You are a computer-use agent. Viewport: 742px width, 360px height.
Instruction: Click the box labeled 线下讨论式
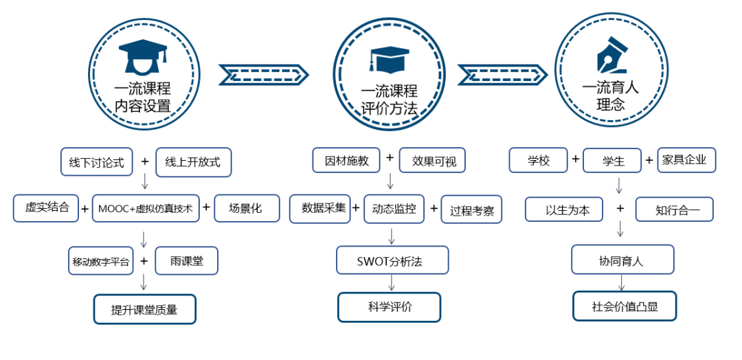click(x=96, y=162)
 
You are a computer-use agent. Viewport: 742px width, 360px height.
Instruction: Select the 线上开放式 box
click(x=193, y=162)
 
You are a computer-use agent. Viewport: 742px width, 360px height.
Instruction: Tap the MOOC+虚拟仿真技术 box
click(x=145, y=208)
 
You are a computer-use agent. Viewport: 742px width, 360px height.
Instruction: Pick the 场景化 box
click(x=247, y=208)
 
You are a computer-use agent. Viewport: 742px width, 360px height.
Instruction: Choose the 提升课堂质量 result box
click(x=144, y=309)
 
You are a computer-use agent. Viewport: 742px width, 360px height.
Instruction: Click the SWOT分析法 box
click(x=392, y=260)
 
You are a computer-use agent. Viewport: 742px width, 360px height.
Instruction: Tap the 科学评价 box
click(x=390, y=306)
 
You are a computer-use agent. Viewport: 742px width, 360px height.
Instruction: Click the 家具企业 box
click(x=686, y=160)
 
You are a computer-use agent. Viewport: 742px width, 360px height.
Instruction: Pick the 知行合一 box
click(x=674, y=210)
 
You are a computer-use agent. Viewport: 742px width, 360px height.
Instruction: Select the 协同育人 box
click(x=622, y=260)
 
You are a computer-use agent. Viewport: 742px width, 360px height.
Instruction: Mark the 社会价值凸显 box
click(x=625, y=306)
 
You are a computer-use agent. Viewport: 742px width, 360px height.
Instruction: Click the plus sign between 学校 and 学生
click(x=575, y=160)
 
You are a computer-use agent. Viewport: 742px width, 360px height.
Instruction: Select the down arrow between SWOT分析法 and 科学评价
click(x=391, y=282)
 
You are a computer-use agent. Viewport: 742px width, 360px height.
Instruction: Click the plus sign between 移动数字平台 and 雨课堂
click(x=144, y=260)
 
